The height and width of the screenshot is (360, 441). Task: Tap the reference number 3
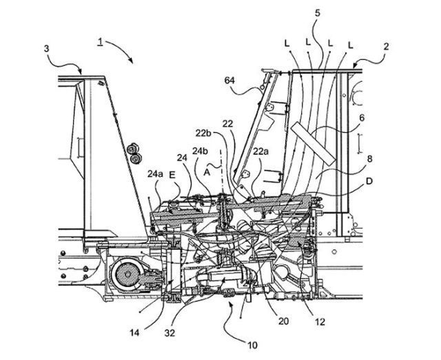click(46, 49)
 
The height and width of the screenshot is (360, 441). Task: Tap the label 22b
click(203, 134)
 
